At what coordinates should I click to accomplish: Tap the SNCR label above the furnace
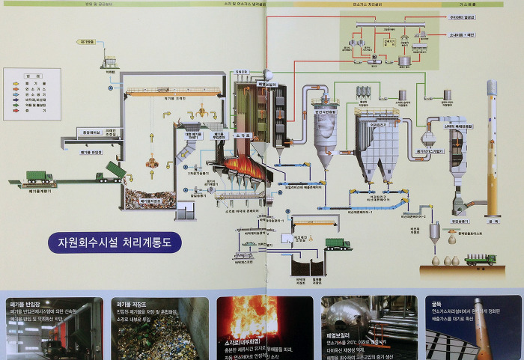click(241, 72)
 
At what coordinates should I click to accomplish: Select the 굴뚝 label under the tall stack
click(493, 219)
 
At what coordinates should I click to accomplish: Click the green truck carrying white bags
click(480, 259)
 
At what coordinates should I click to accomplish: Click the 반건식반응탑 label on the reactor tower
click(329, 112)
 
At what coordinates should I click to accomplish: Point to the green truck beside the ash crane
click(338, 243)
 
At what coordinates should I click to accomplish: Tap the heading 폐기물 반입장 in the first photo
click(27, 305)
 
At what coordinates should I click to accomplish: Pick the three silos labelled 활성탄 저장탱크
click(364, 91)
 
